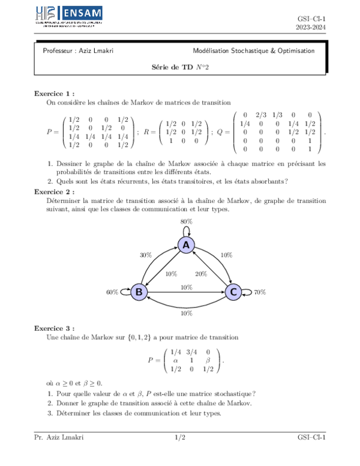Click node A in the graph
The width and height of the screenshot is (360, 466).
coord(186,244)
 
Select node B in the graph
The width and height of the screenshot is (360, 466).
coord(139,292)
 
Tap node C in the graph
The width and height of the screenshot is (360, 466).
coord(233,292)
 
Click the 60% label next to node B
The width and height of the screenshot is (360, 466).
coord(112,292)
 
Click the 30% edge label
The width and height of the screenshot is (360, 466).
coord(145,255)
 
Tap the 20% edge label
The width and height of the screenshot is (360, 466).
coord(201,274)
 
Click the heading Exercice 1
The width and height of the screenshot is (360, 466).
coord(55,94)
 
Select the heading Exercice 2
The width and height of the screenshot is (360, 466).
coord(55,192)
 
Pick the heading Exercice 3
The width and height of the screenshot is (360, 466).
coord(55,328)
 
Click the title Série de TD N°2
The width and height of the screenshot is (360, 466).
coord(180,68)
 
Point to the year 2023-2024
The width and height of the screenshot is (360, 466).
coord(311,28)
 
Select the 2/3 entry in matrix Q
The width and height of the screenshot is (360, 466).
coord(261,115)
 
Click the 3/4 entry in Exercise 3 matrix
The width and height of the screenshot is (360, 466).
coord(191,353)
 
